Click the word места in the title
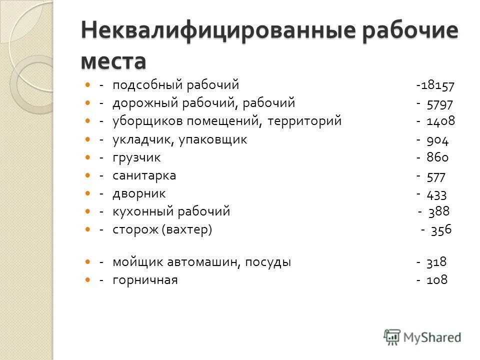tap(113, 61)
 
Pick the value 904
tap(438, 140)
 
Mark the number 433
tap(437, 194)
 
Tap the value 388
tap(438, 212)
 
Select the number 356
tap(441, 230)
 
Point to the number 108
tap(437, 280)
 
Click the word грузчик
tap(136, 158)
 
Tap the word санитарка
tap(144, 176)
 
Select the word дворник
tap(139, 194)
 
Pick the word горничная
tap(145, 280)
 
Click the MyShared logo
tap(422, 336)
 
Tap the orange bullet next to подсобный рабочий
tap(88, 85)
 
